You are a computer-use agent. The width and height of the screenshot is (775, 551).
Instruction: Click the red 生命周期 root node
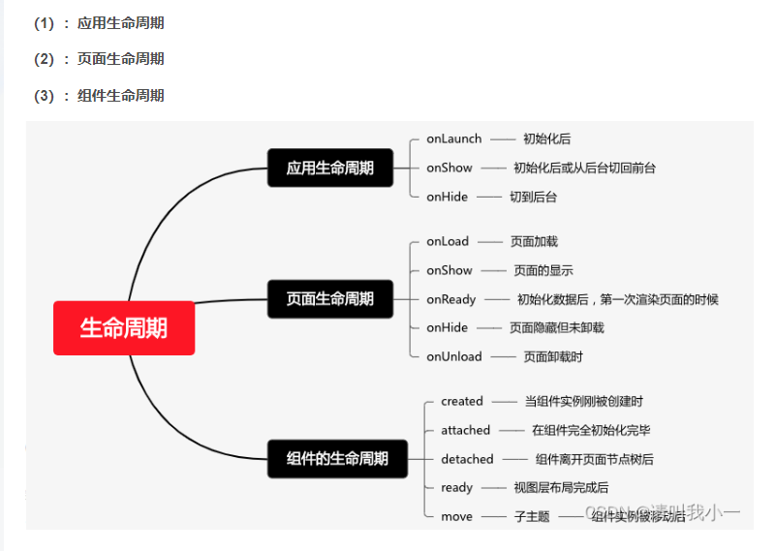click(124, 328)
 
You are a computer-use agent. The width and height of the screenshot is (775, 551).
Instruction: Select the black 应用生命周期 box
click(330, 168)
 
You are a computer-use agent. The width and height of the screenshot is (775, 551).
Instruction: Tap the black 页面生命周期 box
click(330, 298)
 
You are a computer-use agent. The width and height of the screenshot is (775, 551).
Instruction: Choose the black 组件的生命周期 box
click(337, 458)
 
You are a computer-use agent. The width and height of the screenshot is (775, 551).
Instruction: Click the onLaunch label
click(453, 138)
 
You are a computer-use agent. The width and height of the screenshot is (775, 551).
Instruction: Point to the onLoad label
click(448, 241)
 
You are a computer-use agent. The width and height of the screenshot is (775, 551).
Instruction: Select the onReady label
click(451, 299)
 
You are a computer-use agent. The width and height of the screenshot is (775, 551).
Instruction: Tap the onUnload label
click(453, 356)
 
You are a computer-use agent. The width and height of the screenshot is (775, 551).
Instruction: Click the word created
click(461, 401)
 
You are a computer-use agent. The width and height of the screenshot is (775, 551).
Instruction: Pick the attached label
click(466, 430)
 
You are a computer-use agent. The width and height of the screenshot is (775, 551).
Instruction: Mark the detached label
click(467, 459)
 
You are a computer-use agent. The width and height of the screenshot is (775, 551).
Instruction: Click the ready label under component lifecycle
click(456, 487)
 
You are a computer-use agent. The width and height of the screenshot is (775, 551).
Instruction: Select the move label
click(456, 516)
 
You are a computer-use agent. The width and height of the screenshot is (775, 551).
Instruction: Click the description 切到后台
click(533, 197)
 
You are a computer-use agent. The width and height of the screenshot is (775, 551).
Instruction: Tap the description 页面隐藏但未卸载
click(556, 327)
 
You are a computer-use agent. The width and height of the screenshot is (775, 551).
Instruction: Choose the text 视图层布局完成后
click(561, 487)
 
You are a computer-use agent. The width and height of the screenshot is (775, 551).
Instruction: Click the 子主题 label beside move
click(532, 516)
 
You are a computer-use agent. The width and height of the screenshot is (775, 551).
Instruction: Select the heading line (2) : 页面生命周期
click(99, 59)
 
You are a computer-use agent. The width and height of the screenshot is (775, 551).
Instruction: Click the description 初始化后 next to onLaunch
click(546, 138)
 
